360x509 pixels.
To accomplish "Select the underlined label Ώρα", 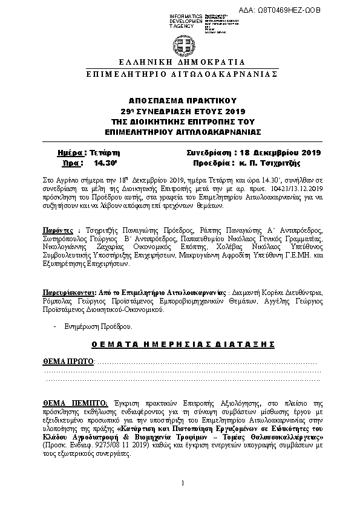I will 71,163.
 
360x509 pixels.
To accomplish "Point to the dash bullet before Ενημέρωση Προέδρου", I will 55,326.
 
